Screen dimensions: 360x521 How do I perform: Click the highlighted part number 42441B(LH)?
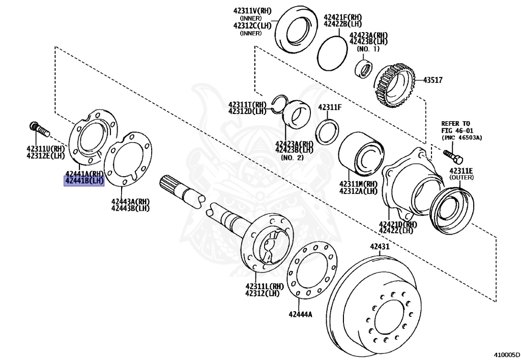(x=84, y=181)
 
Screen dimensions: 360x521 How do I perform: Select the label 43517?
(x=436, y=80)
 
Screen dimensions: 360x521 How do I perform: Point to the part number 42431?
(x=379, y=247)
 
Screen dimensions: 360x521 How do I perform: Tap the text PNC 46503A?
(x=461, y=137)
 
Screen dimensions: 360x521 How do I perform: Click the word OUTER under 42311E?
(x=461, y=177)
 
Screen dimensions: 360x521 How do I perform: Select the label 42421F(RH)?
(x=343, y=17)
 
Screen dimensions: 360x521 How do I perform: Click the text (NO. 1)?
(x=368, y=49)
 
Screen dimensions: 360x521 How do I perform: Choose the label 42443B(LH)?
(x=130, y=208)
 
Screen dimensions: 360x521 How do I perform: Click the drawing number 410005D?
(x=505, y=353)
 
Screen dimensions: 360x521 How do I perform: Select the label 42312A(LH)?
(x=358, y=191)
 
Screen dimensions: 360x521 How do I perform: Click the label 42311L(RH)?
(x=264, y=286)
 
